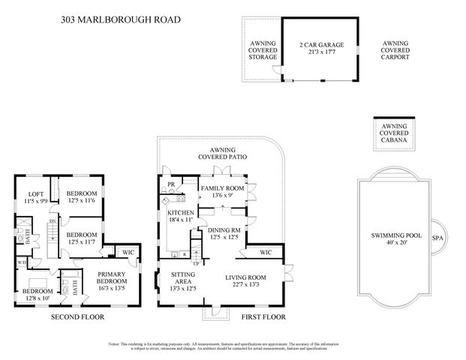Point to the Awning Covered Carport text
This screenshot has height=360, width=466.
pyautogui.click(x=395, y=50)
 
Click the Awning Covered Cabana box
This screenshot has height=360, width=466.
pyautogui.click(x=395, y=133)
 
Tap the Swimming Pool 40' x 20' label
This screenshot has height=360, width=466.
pyautogui.click(x=396, y=239)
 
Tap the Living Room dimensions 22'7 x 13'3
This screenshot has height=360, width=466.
pyautogui.click(x=246, y=285)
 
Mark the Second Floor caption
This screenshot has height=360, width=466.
pyautogui.click(x=77, y=317)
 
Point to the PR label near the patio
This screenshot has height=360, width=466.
pyautogui.click(x=171, y=184)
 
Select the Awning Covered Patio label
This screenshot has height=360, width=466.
pyautogui.click(x=223, y=154)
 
